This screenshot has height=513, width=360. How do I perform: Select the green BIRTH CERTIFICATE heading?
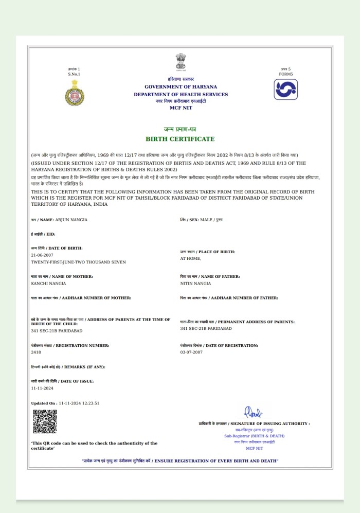[180, 139]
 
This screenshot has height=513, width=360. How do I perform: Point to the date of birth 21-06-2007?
[42, 255]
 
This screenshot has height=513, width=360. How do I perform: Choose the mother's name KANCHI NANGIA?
[48, 284]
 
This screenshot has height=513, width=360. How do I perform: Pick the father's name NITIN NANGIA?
[195, 284]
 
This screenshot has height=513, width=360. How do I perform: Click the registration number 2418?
[36, 352]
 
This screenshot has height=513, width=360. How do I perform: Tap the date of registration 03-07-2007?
[191, 352]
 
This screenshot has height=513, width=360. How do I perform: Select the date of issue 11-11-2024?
[42, 388]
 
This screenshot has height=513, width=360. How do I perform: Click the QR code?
[45, 421]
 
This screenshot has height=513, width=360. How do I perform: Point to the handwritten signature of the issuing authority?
[253, 412]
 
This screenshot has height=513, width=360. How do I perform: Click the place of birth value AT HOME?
[190, 258]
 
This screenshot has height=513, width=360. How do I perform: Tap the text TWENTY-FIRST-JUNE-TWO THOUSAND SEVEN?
[78, 262]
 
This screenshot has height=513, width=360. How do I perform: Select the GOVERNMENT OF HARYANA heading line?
[181, 86]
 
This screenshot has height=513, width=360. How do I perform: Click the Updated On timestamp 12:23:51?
[89, 403]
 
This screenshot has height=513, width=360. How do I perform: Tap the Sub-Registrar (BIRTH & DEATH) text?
[254, 436]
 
